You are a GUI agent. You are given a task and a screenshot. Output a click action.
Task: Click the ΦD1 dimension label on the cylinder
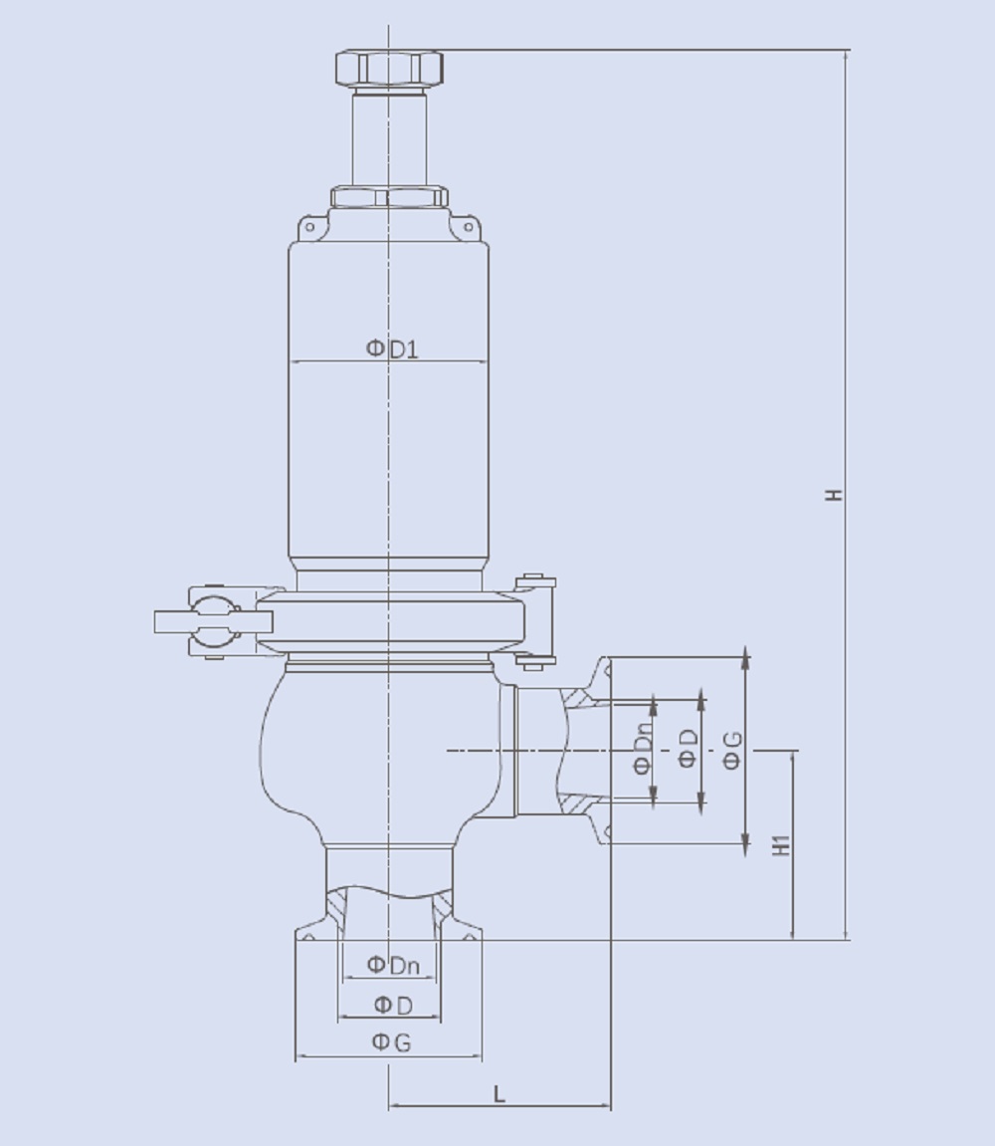point(392,348)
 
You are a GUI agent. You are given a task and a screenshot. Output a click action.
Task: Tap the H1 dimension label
point(782,844)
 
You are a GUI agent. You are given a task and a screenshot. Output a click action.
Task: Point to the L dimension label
point(499,1093)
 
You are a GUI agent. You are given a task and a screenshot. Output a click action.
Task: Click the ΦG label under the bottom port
point(391,1041)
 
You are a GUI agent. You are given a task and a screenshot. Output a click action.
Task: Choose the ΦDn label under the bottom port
point(392,965)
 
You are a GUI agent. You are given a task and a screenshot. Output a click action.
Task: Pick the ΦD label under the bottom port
point(393,1005)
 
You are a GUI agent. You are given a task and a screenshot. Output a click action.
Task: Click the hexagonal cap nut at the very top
point(389,68)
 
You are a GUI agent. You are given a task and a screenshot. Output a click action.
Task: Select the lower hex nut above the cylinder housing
point(389,196)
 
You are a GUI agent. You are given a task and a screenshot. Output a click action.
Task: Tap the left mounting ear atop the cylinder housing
point(309,228)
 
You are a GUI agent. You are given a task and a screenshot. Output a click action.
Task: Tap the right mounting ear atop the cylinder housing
point(465,228)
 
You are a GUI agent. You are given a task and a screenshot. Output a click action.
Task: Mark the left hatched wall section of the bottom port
point(337,908)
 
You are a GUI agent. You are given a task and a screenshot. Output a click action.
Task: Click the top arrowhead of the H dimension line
point(846,56)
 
